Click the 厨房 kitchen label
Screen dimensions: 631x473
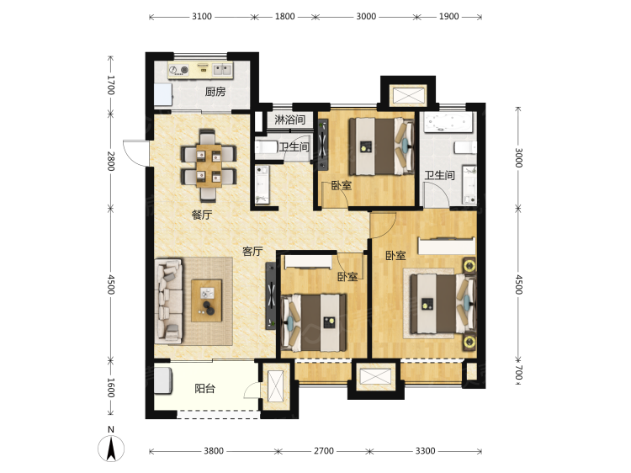(x=215, y=92)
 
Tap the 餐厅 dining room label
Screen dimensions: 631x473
(x=202, y=215)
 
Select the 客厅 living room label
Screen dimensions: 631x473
(x=252, y=251)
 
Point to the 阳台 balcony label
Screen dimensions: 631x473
(x=204, y=389)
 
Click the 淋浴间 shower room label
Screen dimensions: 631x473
(x=289, y=120)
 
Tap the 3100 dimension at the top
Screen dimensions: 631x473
(x=202, y=17)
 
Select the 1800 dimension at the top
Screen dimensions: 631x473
(x=285, y=17)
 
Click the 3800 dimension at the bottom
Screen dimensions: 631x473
(x=214, y=451)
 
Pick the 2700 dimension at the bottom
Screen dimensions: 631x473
(x=324, y=451)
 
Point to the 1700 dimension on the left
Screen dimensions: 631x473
(x=111, y=85)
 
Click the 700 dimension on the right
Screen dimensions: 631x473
(x=519, y=372)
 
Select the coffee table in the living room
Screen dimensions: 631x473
(x=206, y=300)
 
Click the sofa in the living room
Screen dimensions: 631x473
(x=168, y=301)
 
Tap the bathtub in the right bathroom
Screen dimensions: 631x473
(x=448, y=122)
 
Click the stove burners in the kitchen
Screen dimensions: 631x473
(x=179, y=70)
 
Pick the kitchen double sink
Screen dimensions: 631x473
(x=222, y=70)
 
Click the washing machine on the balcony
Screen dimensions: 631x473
(x=163, y=380)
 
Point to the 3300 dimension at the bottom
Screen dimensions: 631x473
(x=426, y=451)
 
